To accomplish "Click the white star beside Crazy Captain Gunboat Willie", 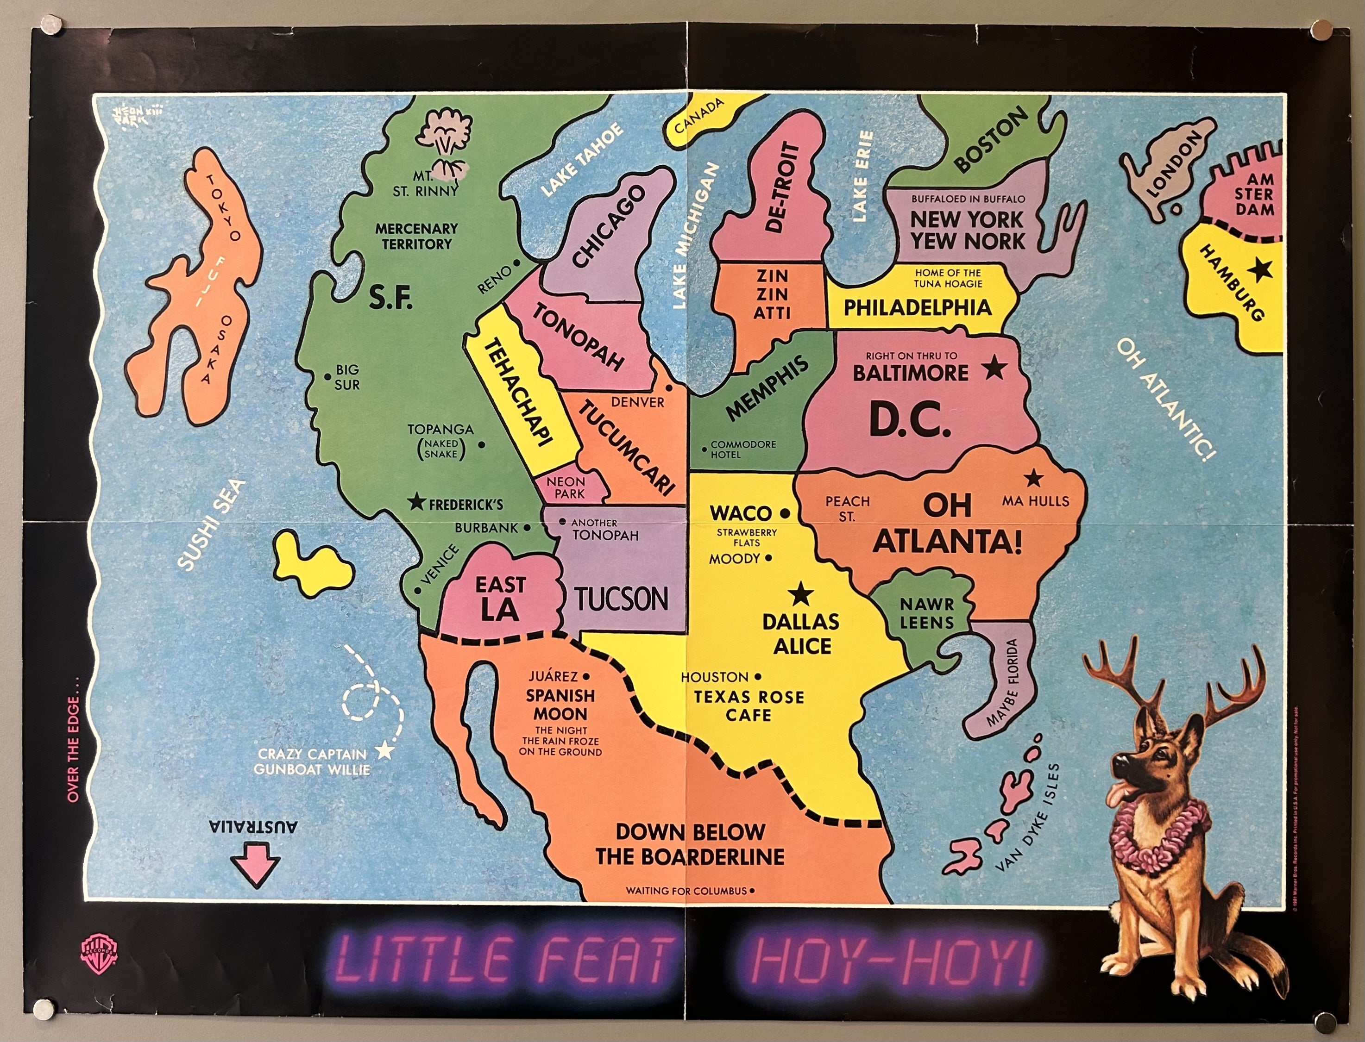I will click(x=385, y=751).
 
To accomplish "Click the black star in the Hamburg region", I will click(x=1261, y=270).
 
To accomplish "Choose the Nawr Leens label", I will click(x=926, y=613).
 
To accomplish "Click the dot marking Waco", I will click(x=785, y=513).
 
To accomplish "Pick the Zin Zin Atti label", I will click(x=771, y=293).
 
